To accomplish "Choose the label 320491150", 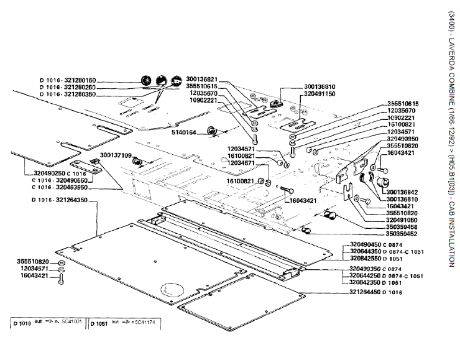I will coord(320,93).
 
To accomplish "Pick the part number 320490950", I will coord(402,139).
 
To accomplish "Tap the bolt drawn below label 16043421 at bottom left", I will coord(61,281).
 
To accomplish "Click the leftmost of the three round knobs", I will coord(147,81).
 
